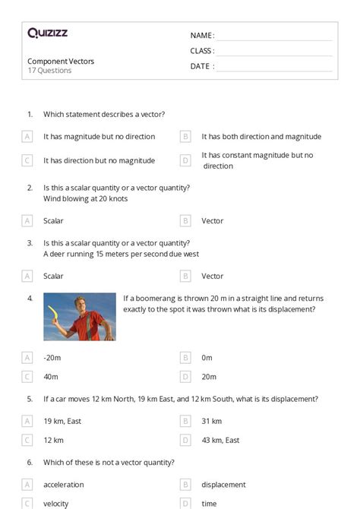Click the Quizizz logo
click(x=47, y=33)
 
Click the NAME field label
click(x=201, y=36)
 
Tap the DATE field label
click(x=201, y=66)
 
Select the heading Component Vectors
click(x=61, y=61)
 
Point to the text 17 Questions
click(x=49, y=71)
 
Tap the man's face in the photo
click(x=81, y=306)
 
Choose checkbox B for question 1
click(x=185, y=137)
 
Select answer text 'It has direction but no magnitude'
click(x=99, y=160)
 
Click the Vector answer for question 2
click(x=212, y=221)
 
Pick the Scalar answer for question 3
click(x=53, y=277)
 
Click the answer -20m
click(x=52, y=357)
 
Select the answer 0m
click(x=207, y=357)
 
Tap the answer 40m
click(x=52, y=377)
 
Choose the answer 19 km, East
click(x=63, y=421)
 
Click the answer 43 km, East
click(x=220, y=440)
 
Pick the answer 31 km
click(x=211, y=421)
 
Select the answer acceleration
click(x=64, y=484)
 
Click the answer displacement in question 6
click(x=223, y=484)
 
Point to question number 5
click(x=30, y=399)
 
